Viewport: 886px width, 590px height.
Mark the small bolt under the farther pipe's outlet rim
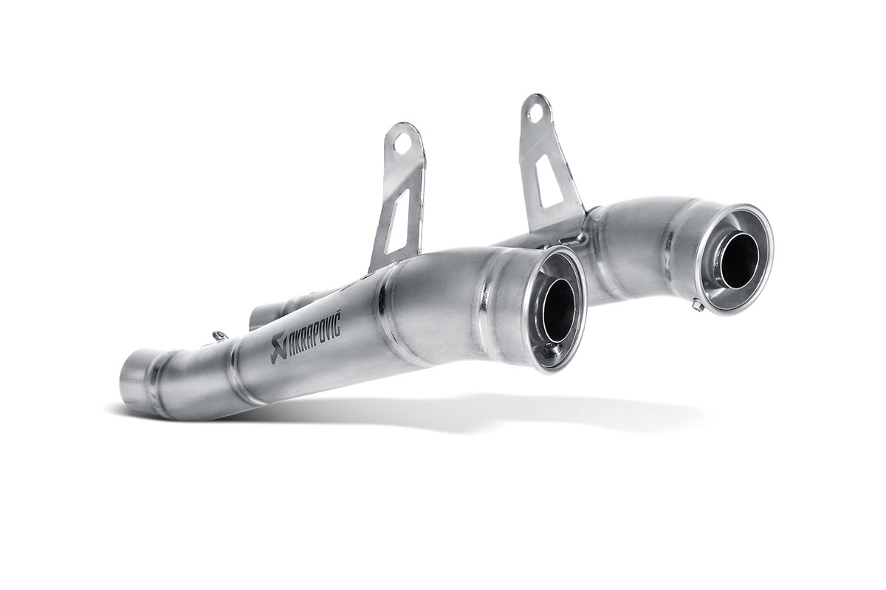click(x=696, y=304)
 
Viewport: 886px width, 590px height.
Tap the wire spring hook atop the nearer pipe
click(x=217, y=338)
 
